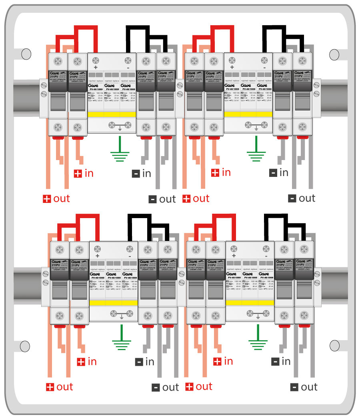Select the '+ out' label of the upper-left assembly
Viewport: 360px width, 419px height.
[56, 199]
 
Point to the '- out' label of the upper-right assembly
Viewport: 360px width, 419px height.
[302, 198]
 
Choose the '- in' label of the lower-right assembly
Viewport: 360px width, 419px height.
[281, 361]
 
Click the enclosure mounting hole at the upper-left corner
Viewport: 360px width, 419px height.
[26, 53]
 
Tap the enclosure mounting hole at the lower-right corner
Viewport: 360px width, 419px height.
[334, 345]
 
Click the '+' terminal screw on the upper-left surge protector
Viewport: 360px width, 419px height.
[95, 60]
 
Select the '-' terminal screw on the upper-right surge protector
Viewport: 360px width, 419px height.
[264, 60]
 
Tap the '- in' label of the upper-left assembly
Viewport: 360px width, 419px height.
[142, 174]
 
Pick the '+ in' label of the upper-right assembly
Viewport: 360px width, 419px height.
[221, 172]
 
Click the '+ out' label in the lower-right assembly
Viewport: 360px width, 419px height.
[199, 387]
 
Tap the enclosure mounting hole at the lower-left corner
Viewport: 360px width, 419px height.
[25, 345]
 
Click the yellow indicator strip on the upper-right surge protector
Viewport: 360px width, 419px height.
[248, 114]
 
